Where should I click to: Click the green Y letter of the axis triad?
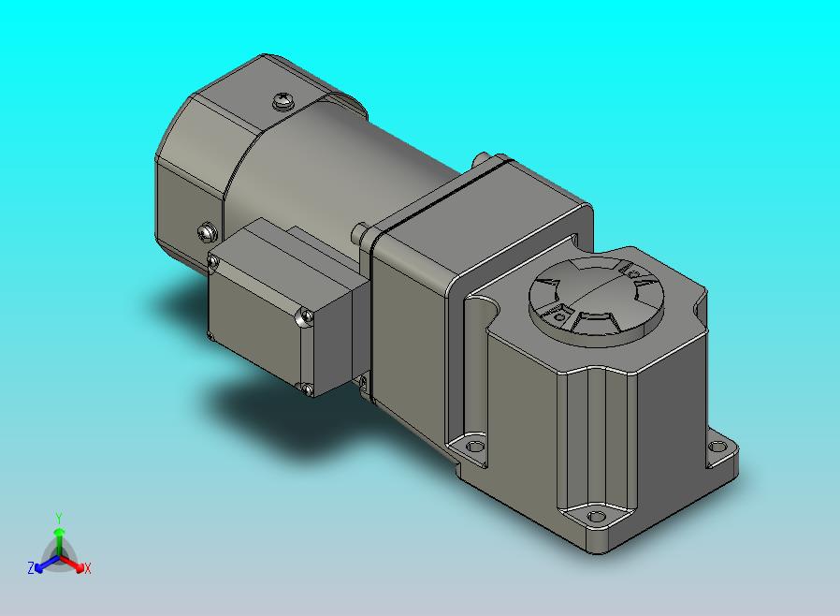tap(59, 518)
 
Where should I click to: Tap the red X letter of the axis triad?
tap(88, 568)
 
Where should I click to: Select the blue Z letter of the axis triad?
tap(31, 567)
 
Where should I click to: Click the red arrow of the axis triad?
tap(72, 564)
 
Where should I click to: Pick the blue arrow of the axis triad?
tap(47, 564)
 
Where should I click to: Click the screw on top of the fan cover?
tap(282, 100)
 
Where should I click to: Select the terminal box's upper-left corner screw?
tap(213, 262)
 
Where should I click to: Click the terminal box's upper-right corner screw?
tap(307, 316)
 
